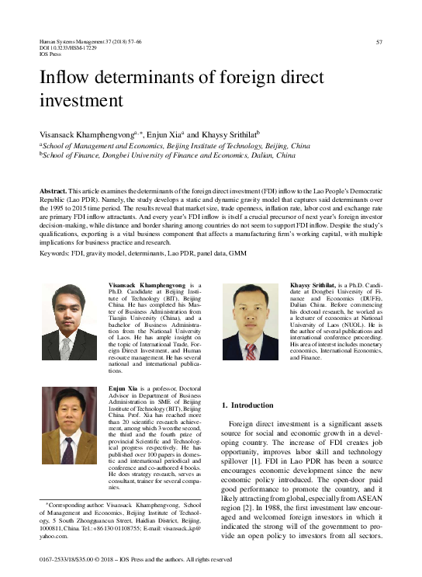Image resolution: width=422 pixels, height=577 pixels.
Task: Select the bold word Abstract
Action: pos(54,190)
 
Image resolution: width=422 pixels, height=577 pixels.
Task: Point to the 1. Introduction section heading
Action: pos(247,405)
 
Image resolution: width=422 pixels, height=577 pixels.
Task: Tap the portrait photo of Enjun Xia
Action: pos(69,426)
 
